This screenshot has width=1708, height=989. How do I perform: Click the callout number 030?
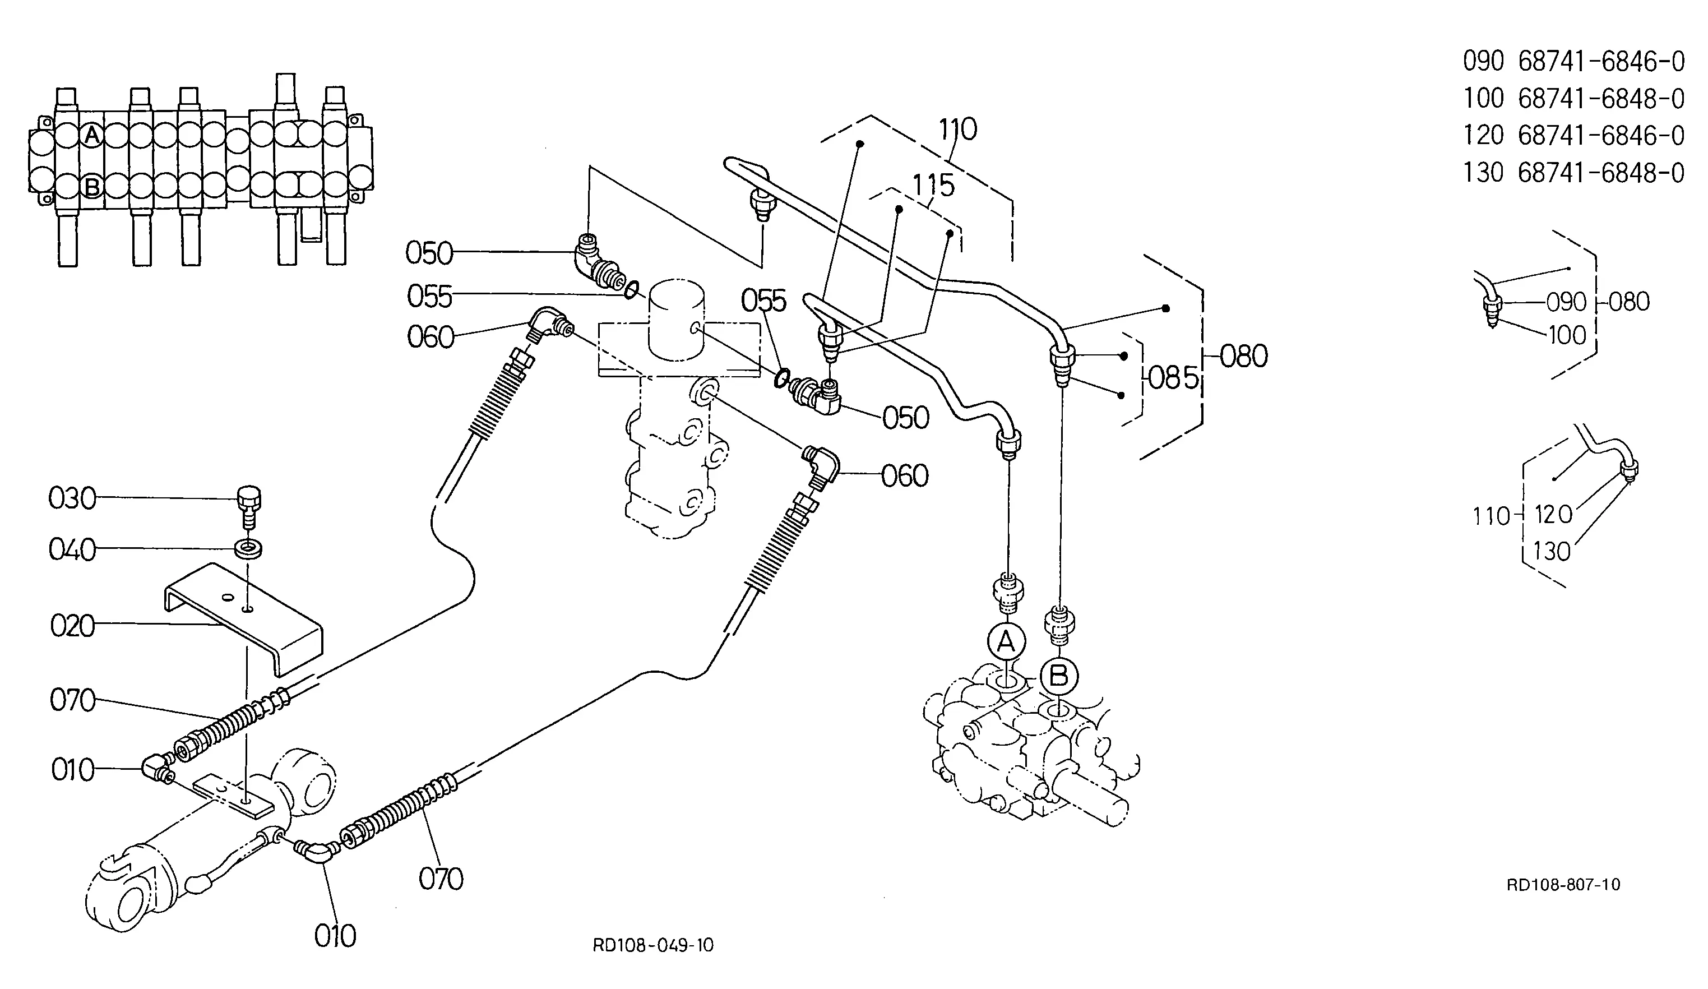[72, 499]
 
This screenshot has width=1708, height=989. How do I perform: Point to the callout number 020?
[72, 626]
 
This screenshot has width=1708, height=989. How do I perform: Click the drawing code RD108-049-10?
[652, 945]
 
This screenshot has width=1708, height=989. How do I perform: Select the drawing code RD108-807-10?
[1563, 884]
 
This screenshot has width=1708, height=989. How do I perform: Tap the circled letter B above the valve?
[1059, 675]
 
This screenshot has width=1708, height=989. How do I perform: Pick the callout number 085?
[1173, 377]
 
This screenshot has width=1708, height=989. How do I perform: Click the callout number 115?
[933, 186]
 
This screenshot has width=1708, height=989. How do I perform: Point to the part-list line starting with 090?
[1573, 62]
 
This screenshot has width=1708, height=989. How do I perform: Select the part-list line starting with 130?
[1573, 173]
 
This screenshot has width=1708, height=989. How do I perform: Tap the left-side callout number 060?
[431, 338]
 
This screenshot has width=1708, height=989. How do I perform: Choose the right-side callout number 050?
[905, 418]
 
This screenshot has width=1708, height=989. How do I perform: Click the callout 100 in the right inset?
[1567, 335]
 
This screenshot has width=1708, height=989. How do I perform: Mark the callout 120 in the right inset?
[1553, 515]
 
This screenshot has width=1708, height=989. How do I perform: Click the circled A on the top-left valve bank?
[92, 136]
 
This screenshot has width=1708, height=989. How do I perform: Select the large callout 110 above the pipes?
[957, 129]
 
